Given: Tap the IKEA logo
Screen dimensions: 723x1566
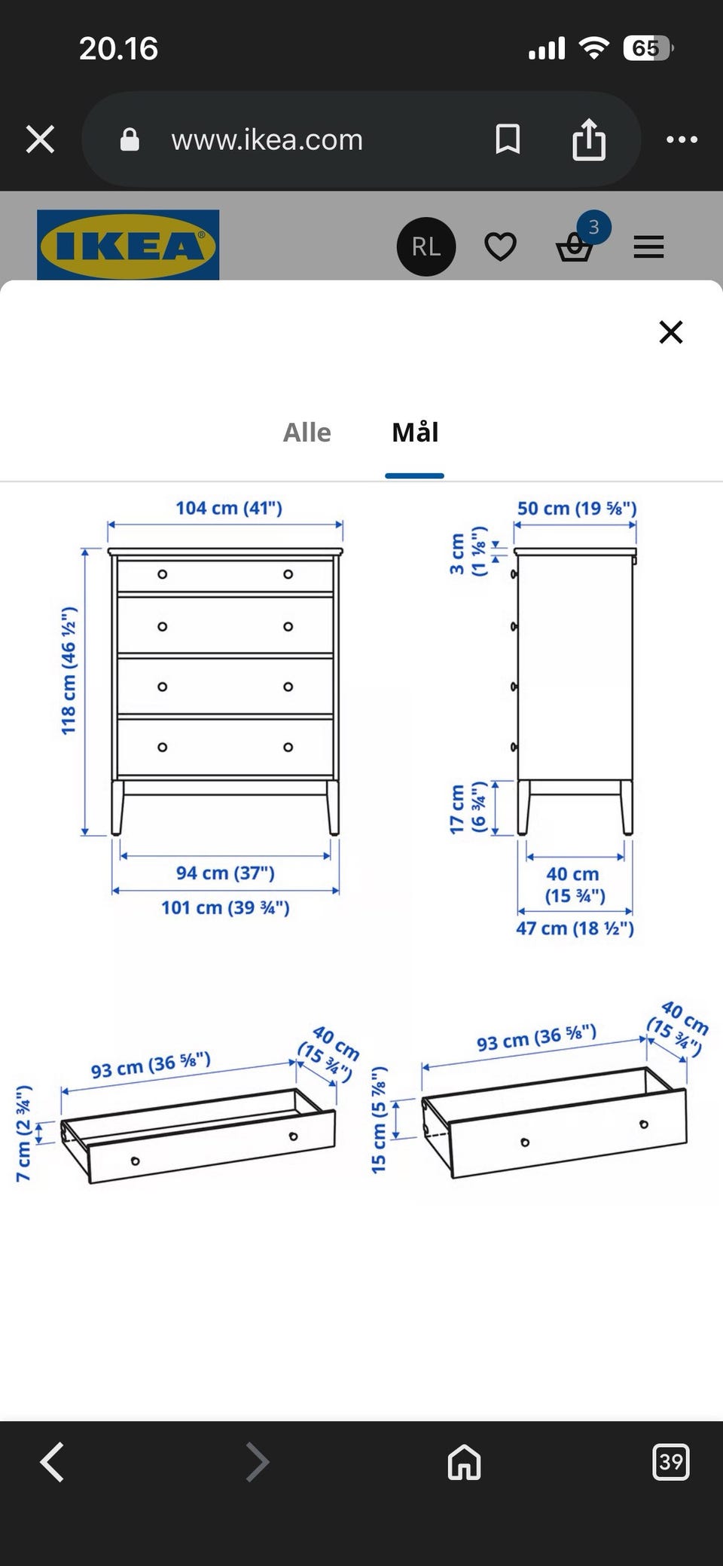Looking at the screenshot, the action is tap(128, 245).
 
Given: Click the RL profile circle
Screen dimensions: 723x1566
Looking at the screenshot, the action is tap(426, 246).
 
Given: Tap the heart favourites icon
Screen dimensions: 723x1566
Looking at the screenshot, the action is tap(500, 246).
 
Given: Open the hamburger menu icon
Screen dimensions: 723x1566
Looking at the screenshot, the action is tap(648, 246).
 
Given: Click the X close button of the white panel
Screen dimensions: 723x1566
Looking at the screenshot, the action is tap(670, 332).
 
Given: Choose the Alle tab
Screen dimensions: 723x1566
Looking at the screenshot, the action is tap(307, 433).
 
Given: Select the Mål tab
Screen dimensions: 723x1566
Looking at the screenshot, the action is tap(415, 432).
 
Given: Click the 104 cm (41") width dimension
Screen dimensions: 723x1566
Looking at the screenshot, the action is tap(229, 508).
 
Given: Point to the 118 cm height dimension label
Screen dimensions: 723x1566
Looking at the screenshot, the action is tap(69, 670).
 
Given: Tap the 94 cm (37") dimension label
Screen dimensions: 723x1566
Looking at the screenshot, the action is tap(225, 873).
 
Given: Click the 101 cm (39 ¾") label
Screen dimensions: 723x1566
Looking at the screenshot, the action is tap(225, 907).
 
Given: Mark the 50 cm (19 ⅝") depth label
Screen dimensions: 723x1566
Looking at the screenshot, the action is tap(577, 509).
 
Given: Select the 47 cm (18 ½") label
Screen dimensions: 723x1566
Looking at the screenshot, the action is tap(575, 928).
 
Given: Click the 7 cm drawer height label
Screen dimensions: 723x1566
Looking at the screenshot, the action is tap(24, 1133).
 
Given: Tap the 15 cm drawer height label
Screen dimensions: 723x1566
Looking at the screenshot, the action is tap(379, 1120).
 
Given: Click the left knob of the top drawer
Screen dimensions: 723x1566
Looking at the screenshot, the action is tap(162, 574).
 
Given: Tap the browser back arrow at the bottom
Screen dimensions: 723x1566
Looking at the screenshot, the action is tap(51, 1463).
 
